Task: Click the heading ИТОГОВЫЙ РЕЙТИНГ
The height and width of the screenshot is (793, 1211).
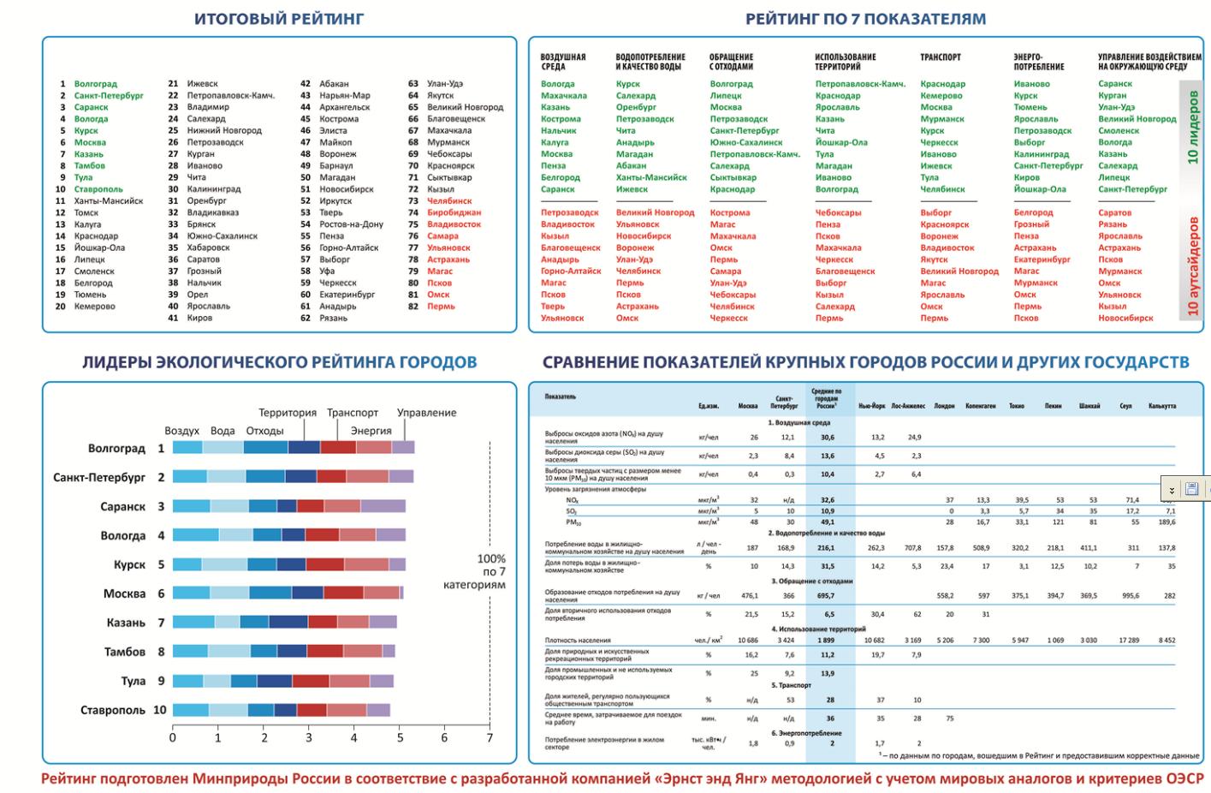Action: click(279, 18)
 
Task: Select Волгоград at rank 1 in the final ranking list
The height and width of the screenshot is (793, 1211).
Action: click(95, 84)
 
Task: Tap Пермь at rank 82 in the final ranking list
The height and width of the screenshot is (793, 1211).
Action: click(441, 306)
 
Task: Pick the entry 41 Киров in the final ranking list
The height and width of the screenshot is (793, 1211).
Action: click(199, 318)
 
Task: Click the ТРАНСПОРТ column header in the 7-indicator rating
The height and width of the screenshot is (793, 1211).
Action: click(940, 57)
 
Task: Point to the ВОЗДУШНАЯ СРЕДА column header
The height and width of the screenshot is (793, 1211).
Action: click(563, 62)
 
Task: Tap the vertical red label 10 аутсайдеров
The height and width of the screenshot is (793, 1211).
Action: click(1193, 266)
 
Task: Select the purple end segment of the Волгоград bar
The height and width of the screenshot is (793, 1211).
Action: click(403, 447)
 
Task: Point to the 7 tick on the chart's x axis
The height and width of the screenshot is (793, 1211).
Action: click(490, 737)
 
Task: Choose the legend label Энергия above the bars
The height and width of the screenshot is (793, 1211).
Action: click(371, 431)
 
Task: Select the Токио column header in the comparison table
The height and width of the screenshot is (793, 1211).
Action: click(1016, 406)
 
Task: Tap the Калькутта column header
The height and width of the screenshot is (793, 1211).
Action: click(1161, 406)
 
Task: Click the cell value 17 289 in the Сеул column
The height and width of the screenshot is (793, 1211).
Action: click(1130, 640)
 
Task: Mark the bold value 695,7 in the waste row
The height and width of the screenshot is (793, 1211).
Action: click(827, 595)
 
